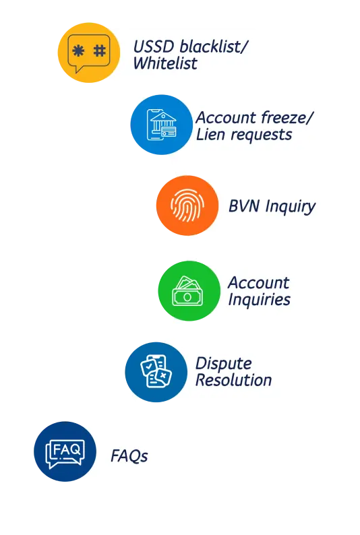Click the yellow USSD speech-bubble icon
point(89,53)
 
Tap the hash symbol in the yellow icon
point(100,51)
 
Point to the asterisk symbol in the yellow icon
point(78,51)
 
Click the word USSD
point(154,46)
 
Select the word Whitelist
point(165,63)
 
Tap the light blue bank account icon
point(161,125)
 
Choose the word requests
point(261,135)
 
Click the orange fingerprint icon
point(187,206)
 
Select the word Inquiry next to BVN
point(291,207)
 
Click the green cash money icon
point(189,290)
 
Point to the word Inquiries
point(260,300)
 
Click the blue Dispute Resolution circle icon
point(156,372)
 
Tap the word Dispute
point(224,364)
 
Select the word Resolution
point(234,380)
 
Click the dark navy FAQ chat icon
point(65,451)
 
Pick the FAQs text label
point(129,456)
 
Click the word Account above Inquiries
point(259,283)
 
